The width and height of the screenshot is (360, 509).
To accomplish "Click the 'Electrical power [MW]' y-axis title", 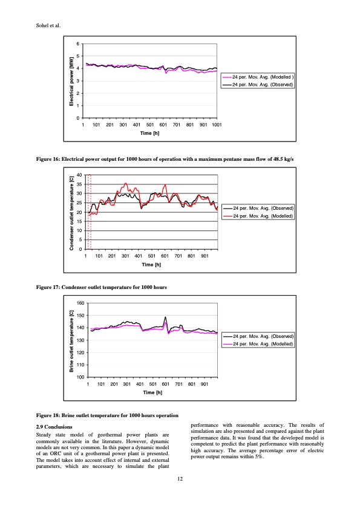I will click(x=71, y=82).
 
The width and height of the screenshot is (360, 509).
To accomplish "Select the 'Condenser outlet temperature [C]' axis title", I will click(x=71, y=212).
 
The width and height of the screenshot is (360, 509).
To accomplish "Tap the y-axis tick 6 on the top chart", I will click(x=77, y=44).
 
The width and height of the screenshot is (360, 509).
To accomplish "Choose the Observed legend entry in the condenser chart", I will click(x=263, y=208).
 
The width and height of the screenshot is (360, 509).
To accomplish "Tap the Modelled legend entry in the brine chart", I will click(x=263, y=343).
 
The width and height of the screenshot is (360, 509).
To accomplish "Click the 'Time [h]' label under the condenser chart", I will click(x=151, y=264).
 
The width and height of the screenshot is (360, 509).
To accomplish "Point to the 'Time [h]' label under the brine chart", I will click(x=151, y=392).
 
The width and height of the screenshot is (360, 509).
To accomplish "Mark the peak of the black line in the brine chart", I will click(x=165, y=317).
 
